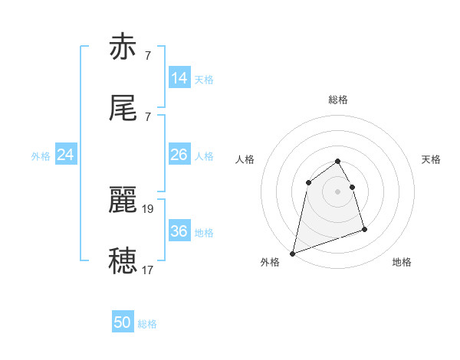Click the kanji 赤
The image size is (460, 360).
123,47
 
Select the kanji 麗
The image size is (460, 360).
123,201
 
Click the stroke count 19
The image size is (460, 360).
149,208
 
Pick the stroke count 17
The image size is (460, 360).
149,270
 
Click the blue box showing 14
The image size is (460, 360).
179,78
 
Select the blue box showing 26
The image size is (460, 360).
179,155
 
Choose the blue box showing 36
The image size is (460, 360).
179,231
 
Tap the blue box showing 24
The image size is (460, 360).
66,155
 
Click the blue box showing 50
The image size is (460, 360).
123,322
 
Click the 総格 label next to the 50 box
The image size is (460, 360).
147,324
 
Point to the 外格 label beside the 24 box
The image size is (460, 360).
41,156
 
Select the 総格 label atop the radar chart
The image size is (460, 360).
338,100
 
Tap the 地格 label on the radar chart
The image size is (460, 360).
402,263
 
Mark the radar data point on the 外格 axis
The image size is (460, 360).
293,253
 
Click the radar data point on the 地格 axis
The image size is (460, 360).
364,229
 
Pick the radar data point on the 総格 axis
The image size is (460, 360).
338,162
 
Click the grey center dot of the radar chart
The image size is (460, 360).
338,191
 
